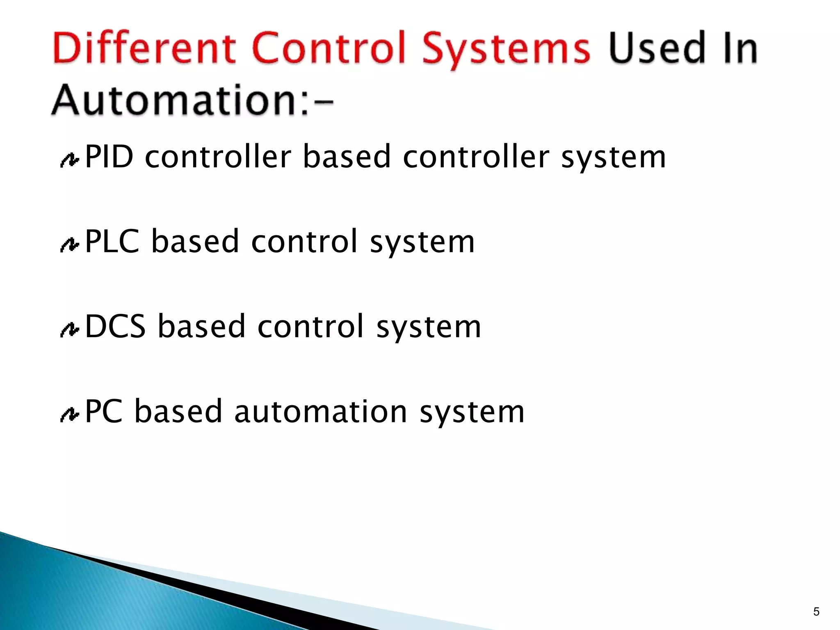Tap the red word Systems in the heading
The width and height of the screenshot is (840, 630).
506,49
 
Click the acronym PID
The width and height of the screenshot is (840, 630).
109,157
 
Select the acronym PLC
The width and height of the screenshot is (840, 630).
112,242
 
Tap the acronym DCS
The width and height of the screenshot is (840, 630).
115,326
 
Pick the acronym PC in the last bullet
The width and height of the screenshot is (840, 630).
104,411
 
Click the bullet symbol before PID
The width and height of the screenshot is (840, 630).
69,160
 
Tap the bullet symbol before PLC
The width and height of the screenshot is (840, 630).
69,245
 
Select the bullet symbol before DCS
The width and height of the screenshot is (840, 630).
69,330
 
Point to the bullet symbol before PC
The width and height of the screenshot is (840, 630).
69,415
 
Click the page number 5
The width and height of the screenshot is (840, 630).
816,612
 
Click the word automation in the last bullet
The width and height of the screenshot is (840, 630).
321,411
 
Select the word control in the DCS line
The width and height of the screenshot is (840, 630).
311,326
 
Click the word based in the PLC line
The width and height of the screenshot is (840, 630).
195,242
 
